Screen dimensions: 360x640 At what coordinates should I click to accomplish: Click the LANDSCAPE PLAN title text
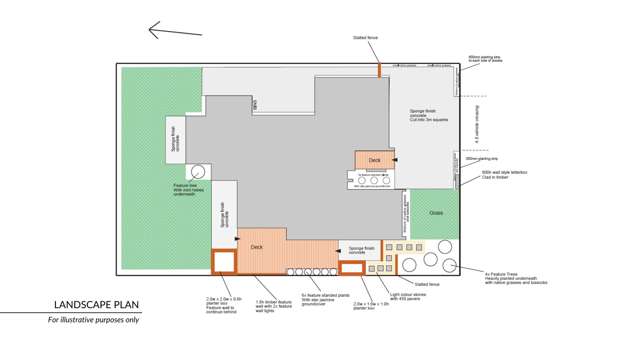pos(96,305)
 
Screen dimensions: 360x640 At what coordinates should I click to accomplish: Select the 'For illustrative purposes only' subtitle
pos(94,320)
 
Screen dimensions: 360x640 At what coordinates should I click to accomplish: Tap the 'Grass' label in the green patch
pos(436,212)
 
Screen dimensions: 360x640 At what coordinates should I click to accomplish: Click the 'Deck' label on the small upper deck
pos(374,160)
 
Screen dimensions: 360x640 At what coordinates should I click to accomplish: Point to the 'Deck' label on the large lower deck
pos(257,247)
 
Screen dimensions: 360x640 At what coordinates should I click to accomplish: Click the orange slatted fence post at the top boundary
pos(379,70)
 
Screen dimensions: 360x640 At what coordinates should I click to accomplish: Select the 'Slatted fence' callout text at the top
pos(365,38)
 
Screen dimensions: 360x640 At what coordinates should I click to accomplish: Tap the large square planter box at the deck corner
pos(222,261)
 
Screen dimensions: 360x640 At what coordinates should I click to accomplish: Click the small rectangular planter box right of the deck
pos(352,267)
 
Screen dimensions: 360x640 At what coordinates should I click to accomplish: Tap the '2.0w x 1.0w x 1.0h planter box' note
pos(370,307)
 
